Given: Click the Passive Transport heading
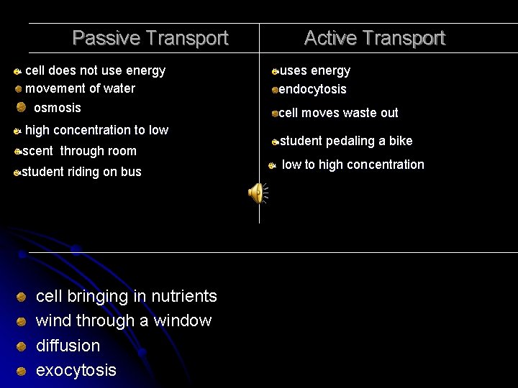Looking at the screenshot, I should point(150,38).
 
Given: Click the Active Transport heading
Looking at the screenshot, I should point(374,38).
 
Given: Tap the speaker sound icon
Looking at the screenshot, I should point(256,193).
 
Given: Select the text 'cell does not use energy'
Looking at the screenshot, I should point(95,70).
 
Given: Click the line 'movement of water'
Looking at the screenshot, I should point(80,88).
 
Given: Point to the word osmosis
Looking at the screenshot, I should point(58,108).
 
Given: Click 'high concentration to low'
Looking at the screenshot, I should point(96,130).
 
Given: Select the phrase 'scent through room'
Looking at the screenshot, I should point(79,151).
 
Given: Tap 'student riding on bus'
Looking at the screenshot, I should point(81,172).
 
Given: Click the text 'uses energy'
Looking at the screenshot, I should point(314,70).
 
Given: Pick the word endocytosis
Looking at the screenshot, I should point(312,89).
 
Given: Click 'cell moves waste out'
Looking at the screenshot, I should point(338,113).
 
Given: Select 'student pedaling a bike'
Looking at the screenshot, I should point(345,141).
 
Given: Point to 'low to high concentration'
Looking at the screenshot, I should point(353,165).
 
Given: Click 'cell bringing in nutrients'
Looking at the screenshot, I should point(126,296).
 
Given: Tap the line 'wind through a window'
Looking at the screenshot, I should point(124,320).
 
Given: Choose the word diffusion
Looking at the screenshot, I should point(68,346).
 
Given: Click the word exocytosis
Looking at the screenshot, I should point(76,370).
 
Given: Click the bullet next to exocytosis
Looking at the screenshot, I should point(22,371).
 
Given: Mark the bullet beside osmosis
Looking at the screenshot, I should point(22,107).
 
